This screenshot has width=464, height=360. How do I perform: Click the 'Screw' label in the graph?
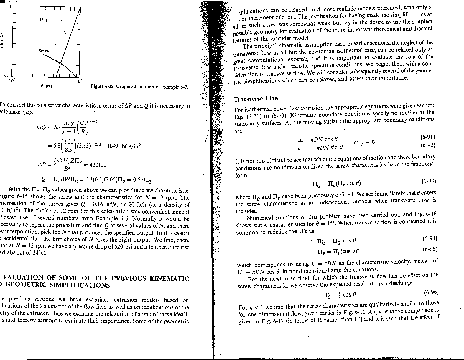coord(44,51)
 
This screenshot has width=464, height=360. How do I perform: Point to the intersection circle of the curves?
coord(60,63)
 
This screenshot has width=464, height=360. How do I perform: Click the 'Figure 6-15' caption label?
coord(102,87)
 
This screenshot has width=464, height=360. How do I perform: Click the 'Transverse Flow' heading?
coord(256,98)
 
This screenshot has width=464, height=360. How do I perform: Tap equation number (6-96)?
coord(431,292)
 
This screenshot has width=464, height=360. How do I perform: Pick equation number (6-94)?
coord(430,238)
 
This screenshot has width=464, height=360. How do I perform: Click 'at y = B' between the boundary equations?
coord(364,143)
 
